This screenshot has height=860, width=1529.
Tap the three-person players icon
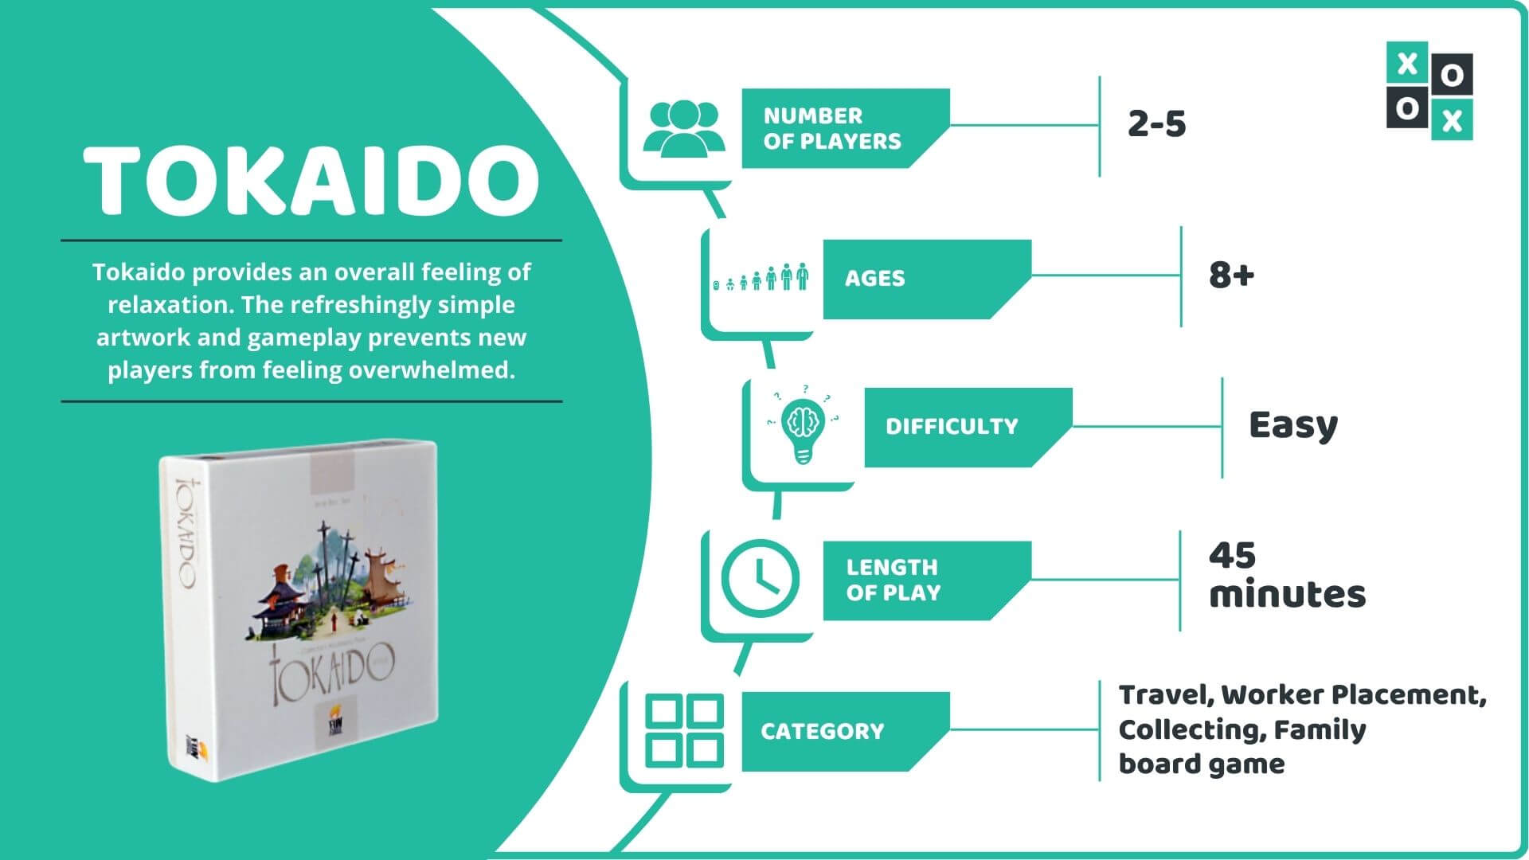point(683,127)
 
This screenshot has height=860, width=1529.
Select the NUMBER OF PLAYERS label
point(832,128)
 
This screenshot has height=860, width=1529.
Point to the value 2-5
point(1156,124)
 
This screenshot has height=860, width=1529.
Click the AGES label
point(874,278)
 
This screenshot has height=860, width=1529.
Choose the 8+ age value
point(1230,276)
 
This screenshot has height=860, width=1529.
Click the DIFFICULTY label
point(952,427)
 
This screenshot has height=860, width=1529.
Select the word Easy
point(1292,426)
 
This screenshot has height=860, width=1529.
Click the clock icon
point(760,578)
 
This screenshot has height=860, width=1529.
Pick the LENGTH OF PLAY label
point(893,580)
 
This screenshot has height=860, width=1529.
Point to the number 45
point(1232,556)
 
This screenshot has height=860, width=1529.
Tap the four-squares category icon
point(684,730)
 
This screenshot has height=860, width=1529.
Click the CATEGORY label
point(822,731)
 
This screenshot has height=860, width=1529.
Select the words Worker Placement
point(1352,695)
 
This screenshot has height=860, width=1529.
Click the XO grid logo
point(1429,91)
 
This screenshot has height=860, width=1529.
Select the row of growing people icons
point(761,278)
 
